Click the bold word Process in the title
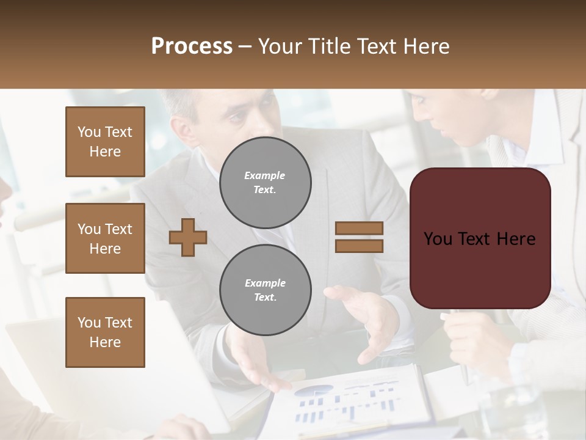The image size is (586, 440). (192, 46)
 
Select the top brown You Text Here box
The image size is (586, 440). (105, 142)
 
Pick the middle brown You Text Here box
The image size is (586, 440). (105, 238)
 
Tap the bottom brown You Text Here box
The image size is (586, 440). (105, 332)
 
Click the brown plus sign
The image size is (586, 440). (188, 237)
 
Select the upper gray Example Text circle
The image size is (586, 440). (265, 183)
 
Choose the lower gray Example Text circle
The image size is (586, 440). (265, 290)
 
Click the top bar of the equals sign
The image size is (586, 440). (359, 228)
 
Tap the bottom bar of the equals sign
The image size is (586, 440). (359, 246)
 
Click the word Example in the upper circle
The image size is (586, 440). (264, 175)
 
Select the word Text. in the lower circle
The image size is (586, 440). (264, 298)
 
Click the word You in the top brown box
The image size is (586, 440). (89, 132)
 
